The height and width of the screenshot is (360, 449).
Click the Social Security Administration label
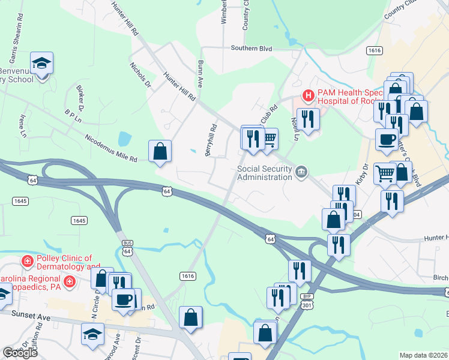pyautogui.click(x=264, y=173)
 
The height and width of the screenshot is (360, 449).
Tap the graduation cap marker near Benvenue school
pyautogui.click(x=41, y=64)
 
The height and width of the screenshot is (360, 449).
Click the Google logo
pyautogui.click(x=20, y=353)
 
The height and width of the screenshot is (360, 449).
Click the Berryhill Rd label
pyautogui.click(x=211, y=141)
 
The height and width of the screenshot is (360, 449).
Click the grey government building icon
pyautogui.click(x=301, y=173)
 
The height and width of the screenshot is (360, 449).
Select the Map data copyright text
pyautogui.click(x=423, y=355)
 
